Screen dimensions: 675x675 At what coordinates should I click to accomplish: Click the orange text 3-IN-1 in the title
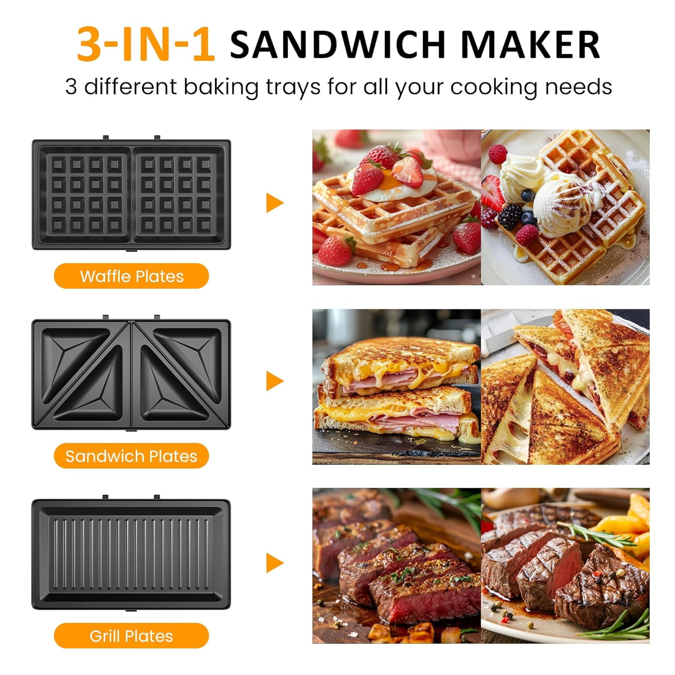[x=145, y=44]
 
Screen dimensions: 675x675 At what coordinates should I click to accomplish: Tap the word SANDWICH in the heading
[x=337, y=44]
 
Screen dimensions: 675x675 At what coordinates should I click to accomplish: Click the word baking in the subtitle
[x=221, y=86]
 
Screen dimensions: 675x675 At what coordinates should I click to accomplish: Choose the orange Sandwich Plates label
[x=131, y=456]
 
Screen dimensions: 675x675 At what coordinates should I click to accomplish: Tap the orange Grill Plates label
[x=131, y=636]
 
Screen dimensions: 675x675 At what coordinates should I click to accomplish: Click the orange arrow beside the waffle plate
[x=274, y=202]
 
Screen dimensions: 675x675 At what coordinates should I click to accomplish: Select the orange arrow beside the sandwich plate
[x=274, y=381]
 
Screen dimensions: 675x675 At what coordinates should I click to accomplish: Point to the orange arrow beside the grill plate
[x=274, y=562]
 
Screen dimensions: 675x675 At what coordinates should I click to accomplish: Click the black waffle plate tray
[x=131, y=194]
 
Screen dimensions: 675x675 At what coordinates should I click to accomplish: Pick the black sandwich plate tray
[x=131, y=374]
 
